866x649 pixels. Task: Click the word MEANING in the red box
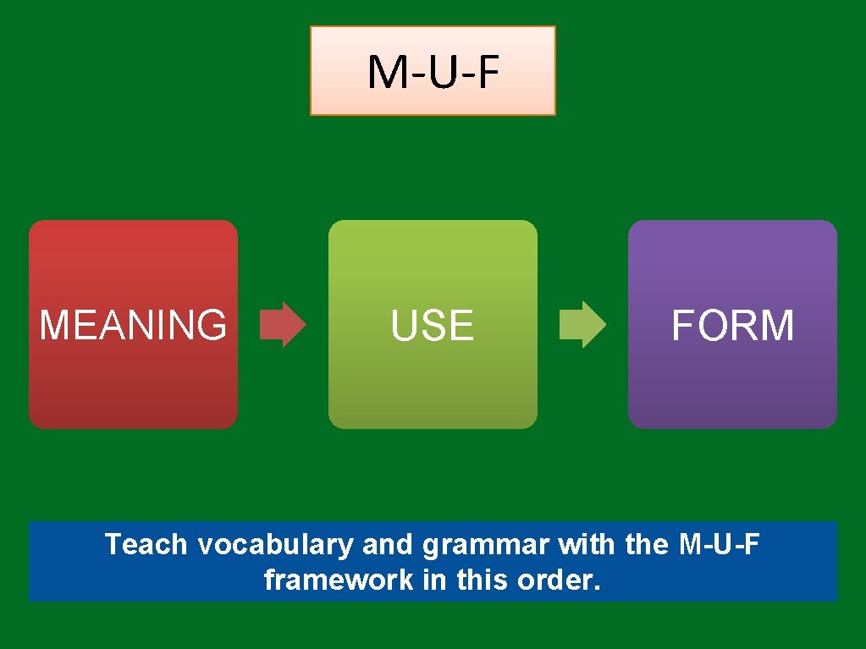click(x=133, y=325)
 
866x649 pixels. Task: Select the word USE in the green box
click(x=433, y=326)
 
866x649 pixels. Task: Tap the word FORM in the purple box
click(x=732, y=326)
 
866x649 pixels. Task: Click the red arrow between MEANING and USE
click(x=283, y=325)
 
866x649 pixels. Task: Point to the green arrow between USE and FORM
click(x=582, y=325)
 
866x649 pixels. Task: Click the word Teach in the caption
click(x=146, y=544)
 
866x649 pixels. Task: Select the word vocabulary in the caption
click(x=274, y=545)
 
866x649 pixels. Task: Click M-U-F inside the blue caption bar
click(x=720, y=544)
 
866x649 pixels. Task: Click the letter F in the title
click(x=486, y=73)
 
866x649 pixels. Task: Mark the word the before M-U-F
click(x=649, y=544)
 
